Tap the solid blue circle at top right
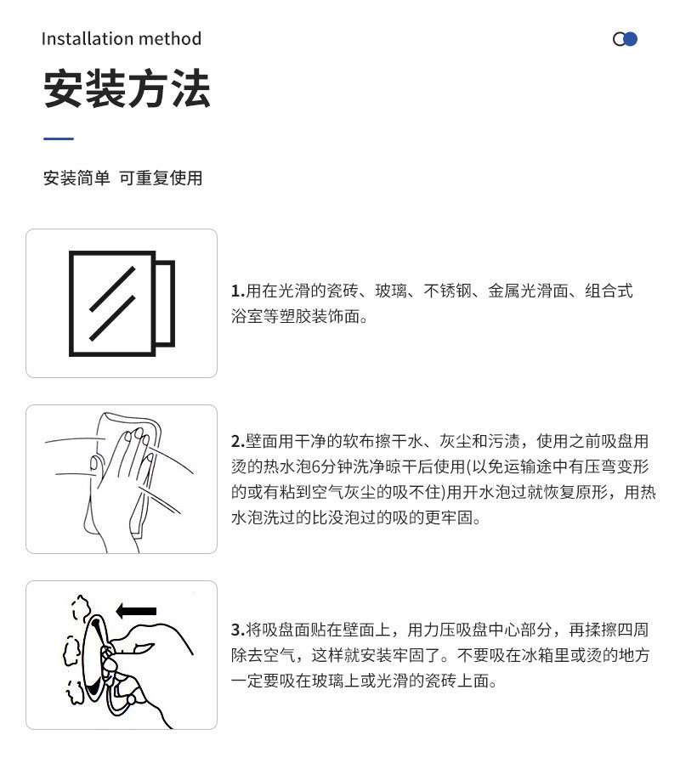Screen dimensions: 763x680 tap(630, 39)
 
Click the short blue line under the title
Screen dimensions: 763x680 tap(59, 138)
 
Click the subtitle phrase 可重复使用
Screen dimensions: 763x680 tap(161, 178)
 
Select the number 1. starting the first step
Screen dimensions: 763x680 tap(238, 291)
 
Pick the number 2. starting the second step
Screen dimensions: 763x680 tap(238, 442)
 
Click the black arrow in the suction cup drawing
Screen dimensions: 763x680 tap(136, 610)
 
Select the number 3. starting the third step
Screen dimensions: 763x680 tap(238, 630)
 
